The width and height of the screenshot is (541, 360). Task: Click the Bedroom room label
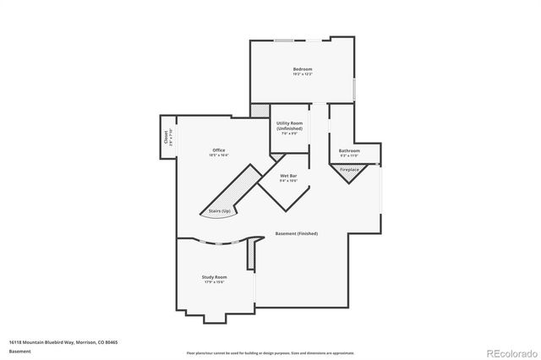point(303,69)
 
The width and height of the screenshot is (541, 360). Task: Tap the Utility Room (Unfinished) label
point(289,126)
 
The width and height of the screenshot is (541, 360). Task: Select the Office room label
point(219,150)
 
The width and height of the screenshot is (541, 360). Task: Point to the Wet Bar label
point(289,176)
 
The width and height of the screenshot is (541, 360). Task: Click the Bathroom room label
point(349,150)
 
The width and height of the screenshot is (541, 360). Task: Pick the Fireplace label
point(350,170)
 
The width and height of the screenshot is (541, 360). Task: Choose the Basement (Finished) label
point(297,233)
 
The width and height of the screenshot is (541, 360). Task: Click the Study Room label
point(214,276)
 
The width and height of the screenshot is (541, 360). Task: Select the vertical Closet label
point(165,139)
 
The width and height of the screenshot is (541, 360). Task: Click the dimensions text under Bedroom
point(303,75)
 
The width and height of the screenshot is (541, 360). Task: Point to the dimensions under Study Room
point(214,281)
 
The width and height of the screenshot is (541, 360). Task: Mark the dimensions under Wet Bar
point(289,181)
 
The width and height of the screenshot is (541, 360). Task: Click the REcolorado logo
point(509,352)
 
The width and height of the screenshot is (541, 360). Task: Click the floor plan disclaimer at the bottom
point(270,352)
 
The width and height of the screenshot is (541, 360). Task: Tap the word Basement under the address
point(20,351)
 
